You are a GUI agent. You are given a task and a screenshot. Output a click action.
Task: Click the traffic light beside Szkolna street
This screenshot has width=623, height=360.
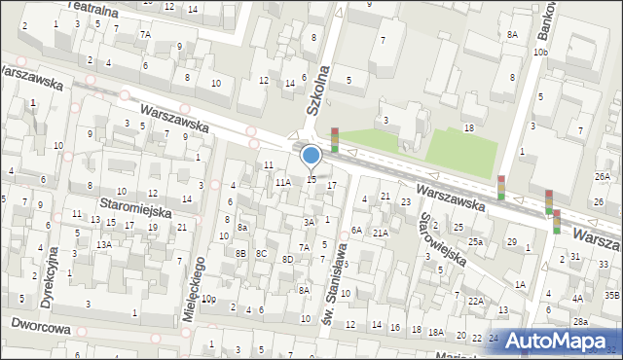335,140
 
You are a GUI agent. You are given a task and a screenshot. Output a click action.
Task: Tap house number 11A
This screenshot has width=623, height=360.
282,182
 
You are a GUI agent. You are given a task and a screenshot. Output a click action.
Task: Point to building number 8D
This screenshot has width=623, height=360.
287,259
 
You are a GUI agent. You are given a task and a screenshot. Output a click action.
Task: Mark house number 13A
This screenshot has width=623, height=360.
103,244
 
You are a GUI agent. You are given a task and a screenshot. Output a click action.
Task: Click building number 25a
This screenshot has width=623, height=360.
475,241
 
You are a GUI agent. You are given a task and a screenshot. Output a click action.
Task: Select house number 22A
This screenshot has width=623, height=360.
475,302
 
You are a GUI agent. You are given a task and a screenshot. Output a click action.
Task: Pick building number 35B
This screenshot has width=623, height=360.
611,294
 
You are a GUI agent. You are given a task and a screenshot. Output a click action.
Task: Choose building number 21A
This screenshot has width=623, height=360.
381,233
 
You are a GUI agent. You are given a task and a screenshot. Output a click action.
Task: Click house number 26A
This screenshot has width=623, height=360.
603,176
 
